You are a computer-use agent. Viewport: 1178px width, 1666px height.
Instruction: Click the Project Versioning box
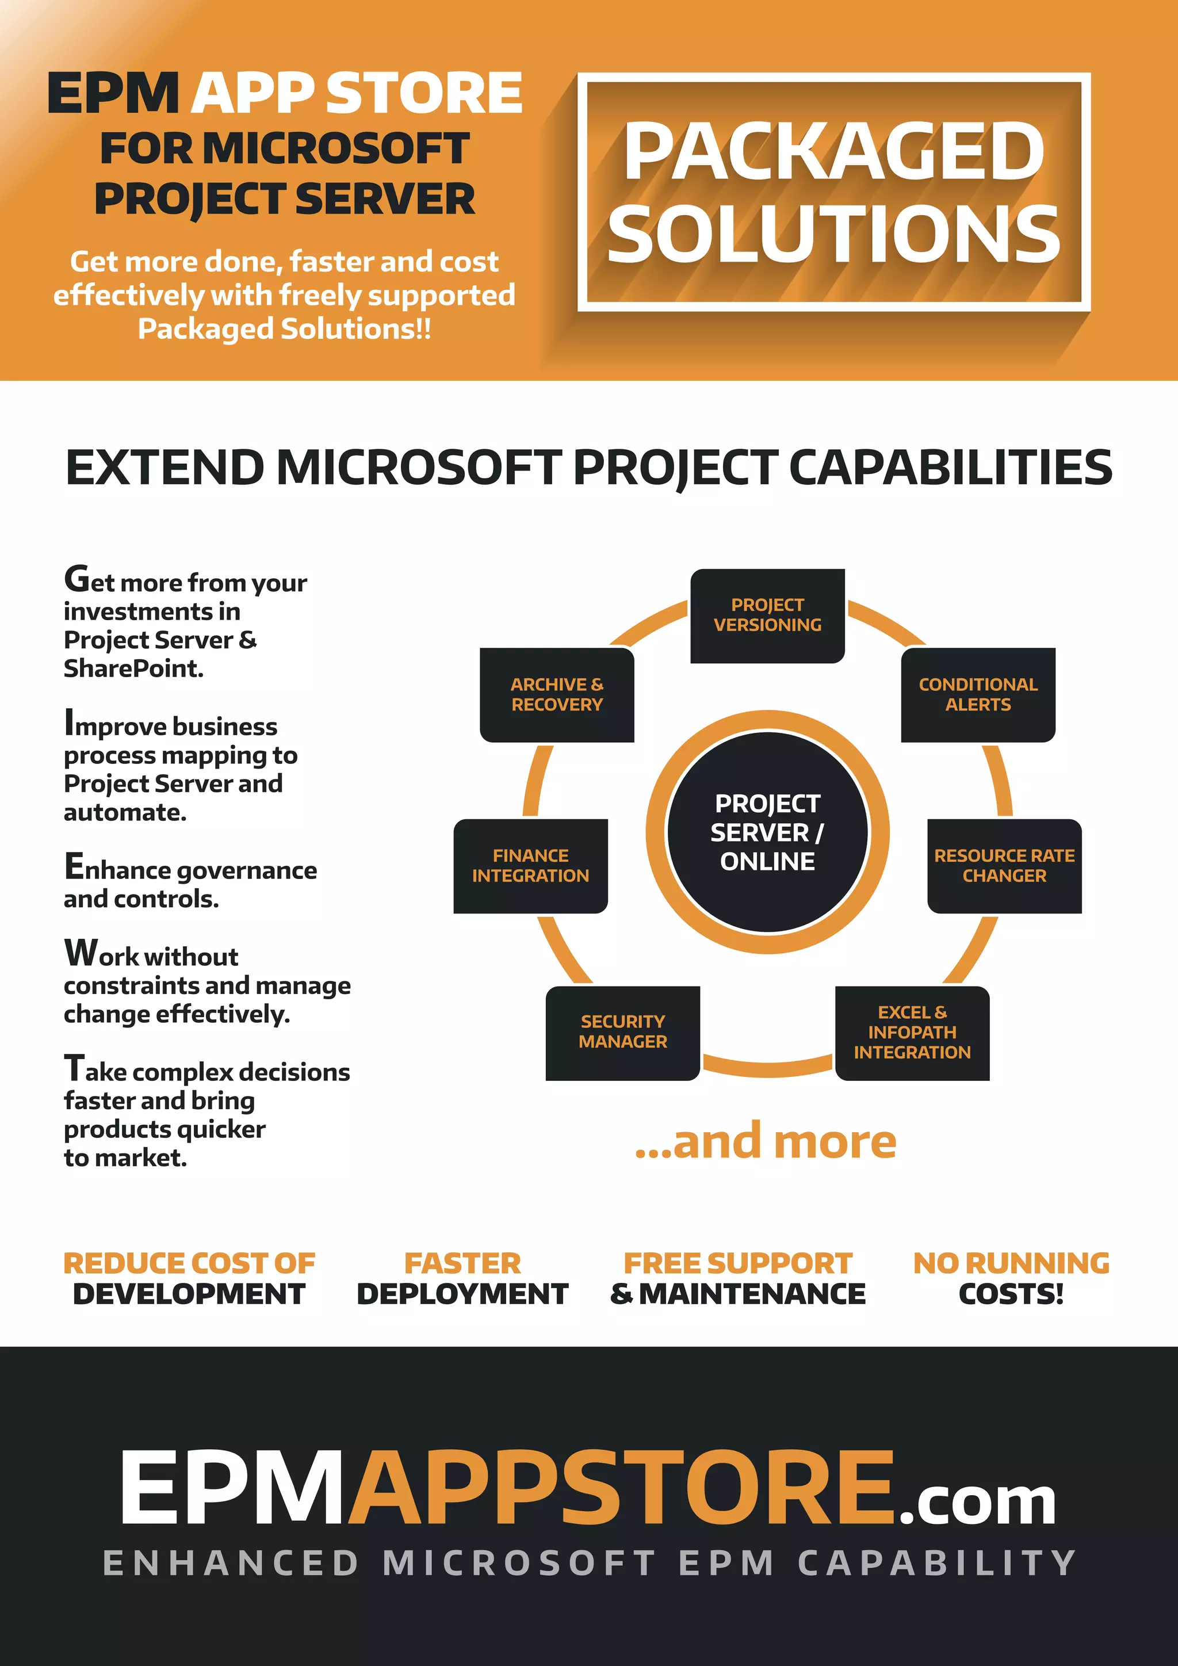click(767, 616)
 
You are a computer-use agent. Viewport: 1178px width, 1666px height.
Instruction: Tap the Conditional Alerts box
click(978, 694)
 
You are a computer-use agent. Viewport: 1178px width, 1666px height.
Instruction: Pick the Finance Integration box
click(530, 866)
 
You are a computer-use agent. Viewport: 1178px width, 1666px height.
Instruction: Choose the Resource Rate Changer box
click(1004, 866)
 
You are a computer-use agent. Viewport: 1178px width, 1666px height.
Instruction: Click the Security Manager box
click(622, 1032)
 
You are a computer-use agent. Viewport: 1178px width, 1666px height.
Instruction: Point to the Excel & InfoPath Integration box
click(912, 1033)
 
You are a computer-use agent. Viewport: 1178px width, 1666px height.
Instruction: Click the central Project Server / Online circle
click(767, 832)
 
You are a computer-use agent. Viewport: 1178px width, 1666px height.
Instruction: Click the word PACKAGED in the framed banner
click(834, 152)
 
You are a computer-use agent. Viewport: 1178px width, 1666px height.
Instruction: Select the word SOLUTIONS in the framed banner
click(834, 234)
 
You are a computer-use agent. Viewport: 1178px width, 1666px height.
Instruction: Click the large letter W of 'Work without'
click(81, 953)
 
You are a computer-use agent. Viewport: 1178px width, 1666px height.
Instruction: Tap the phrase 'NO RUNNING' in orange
click(1011, 1263)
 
